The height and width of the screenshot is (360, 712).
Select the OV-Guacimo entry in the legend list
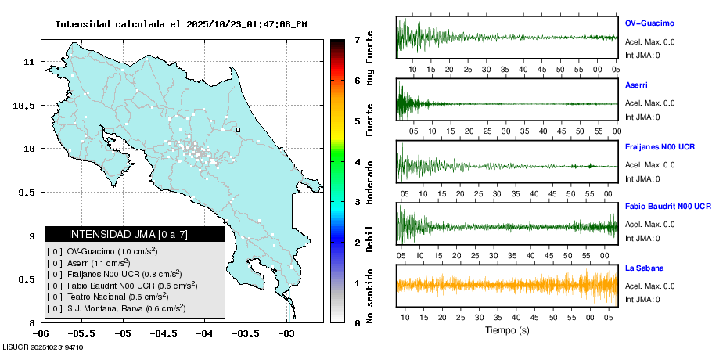pyautogui.click(x=102, y=251)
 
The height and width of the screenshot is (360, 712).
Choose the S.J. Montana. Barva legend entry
pyautogui.click(x=117, y=308)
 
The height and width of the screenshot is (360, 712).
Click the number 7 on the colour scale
pyautogui.click(x=357, y=39)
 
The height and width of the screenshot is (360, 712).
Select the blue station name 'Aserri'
pyautogui.click(x=636, y=85)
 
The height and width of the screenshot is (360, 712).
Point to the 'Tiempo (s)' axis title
pyautogui.click(x=507, y=331)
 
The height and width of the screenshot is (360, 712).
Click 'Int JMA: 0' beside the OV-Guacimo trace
pyautogui.click(x=642, y=55)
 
